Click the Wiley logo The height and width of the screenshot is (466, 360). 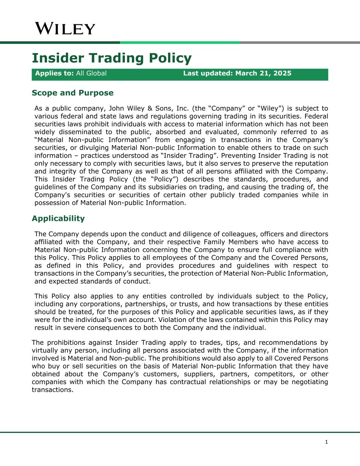click(65, 29)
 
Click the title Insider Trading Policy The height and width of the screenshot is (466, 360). click(112, 58)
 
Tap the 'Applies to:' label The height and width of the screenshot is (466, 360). click(55, 73)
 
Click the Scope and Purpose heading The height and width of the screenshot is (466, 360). click(72, 93)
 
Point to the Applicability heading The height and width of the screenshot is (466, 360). click(58, 218)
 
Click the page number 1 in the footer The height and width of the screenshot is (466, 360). click(326, 442)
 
